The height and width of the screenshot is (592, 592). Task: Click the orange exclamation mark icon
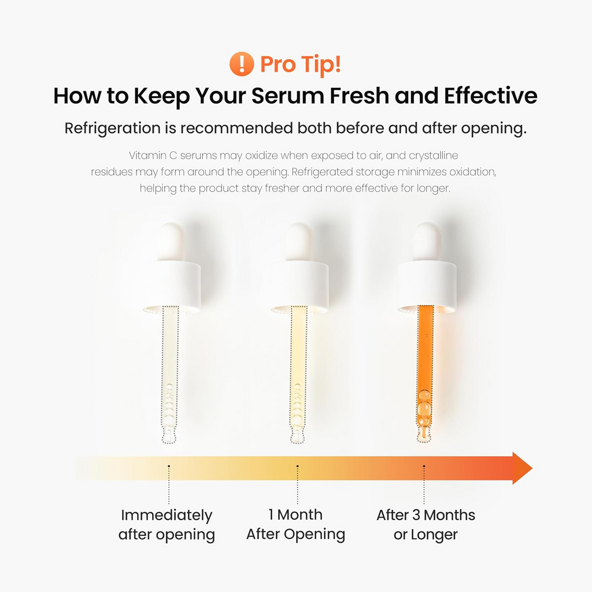click(241, 64)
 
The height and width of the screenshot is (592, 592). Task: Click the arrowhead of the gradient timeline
click(521, 468)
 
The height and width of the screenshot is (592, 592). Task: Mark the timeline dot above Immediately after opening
click(169, 466)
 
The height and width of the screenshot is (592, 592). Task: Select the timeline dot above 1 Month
click(297, 466)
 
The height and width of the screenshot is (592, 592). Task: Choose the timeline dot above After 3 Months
click(424, 466)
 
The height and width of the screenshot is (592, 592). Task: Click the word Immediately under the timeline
click(166, 515)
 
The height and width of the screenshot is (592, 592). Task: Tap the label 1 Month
click(295, 515)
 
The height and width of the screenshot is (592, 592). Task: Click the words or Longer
click(425, 535)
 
